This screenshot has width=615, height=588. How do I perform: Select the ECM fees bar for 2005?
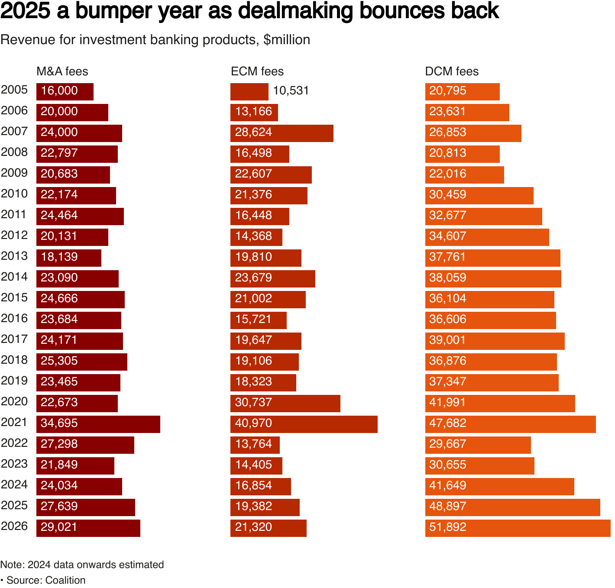(249, 92)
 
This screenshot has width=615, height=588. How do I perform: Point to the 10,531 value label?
(291, 90)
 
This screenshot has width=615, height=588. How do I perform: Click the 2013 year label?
(14, 256)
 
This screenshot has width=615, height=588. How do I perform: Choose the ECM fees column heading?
(257, 71)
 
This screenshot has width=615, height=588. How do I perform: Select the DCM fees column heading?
(452, 71)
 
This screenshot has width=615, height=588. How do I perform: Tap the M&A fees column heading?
(62, 71)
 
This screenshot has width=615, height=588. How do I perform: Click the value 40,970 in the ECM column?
(253, 423)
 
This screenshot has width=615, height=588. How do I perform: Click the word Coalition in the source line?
(65, 580)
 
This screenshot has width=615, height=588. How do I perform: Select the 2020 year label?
(14, 401)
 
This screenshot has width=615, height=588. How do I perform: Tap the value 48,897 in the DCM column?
(448, 506)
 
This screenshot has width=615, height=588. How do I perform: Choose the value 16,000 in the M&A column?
(59, 90)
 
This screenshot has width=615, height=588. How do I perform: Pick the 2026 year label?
(14, 526)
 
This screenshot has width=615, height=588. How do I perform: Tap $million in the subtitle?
(287, 40)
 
